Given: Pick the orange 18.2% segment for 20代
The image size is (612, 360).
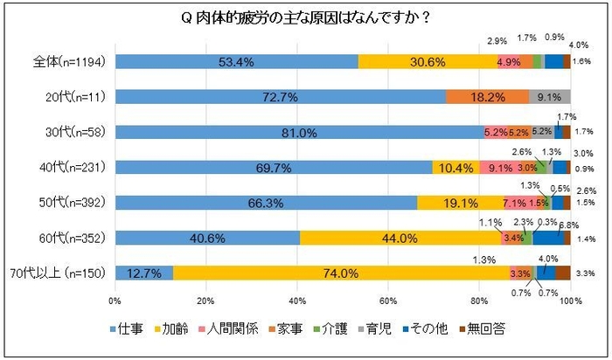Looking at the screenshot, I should (x=487, y=97).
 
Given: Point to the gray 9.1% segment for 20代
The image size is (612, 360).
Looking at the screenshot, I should (x=549, y=97).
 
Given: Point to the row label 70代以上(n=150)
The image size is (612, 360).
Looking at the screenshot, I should (x=59, y=273).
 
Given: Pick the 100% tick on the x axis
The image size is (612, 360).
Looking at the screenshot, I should (x=570, y=301).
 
